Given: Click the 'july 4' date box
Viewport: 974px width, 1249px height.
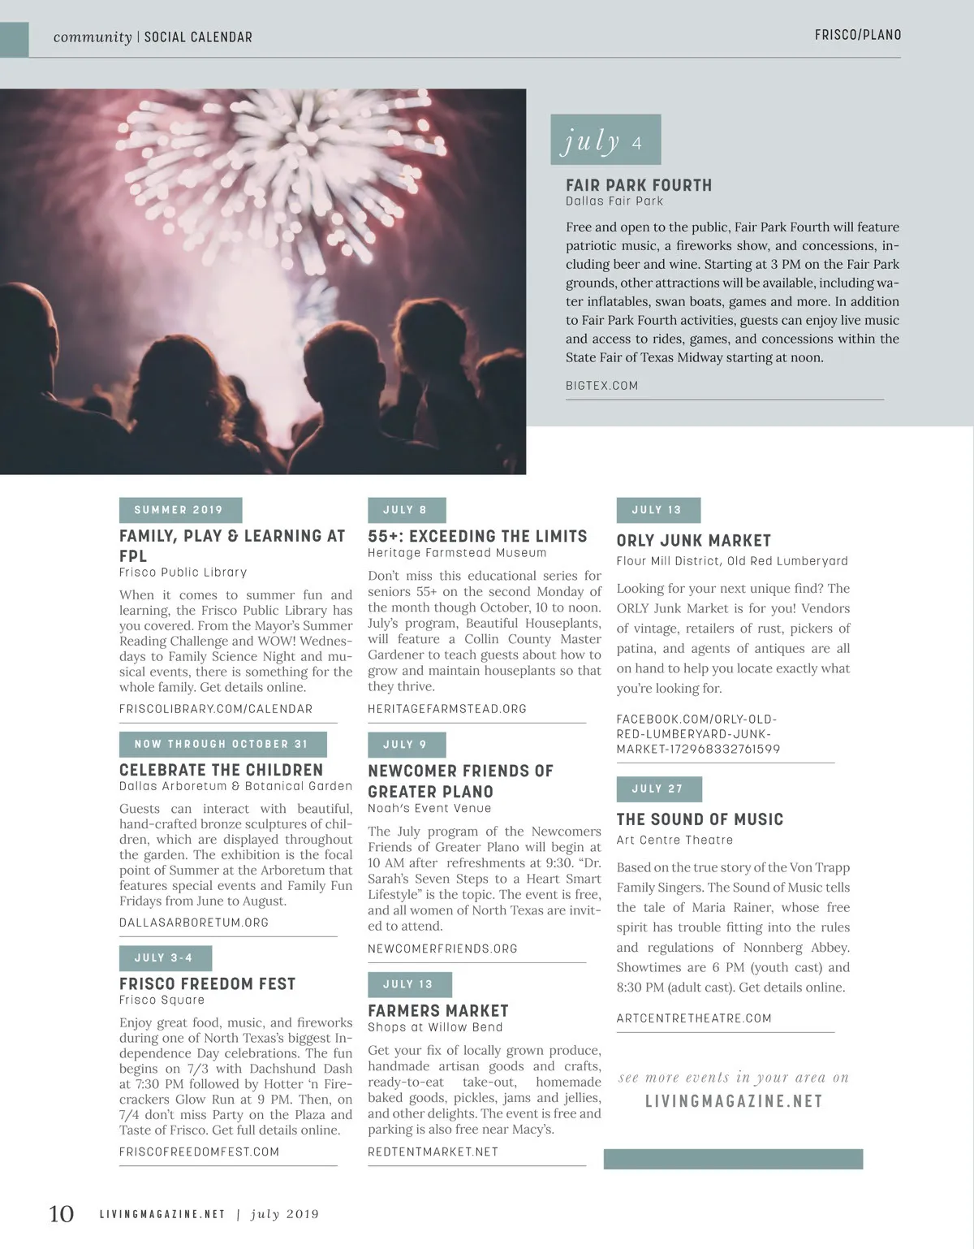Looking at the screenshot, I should coord(606,140).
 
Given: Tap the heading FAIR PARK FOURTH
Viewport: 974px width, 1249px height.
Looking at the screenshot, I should coord(639,185).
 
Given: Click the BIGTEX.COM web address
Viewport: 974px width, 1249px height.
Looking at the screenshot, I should coord(601,386).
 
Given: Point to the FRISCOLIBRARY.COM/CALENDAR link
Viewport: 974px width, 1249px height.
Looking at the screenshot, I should coord(216,709).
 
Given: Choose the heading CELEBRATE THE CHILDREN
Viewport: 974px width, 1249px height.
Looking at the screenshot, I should coord(221,770).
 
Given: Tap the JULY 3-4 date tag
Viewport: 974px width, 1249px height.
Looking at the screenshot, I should coord(165,958).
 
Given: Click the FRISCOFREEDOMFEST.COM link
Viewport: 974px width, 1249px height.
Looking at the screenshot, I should coord(199,1152).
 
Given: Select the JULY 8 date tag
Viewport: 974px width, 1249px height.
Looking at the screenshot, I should coord(406,510).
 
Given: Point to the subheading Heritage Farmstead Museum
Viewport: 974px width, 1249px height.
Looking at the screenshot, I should coord(457,553).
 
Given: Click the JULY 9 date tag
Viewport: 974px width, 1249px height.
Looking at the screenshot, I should coord(406,745).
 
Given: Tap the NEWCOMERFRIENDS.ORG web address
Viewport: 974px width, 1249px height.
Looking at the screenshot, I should coord(442,949).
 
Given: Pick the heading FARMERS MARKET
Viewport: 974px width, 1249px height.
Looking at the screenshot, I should coord(438,1011).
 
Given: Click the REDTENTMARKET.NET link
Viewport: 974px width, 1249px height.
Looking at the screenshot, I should coord(433,1152).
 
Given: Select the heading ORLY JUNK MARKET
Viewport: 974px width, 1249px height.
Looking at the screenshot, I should coord(694,541).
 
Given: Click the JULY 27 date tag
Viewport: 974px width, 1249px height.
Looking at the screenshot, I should coord(658,789).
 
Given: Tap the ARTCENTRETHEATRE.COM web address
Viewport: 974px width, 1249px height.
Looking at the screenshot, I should coord(694,1018).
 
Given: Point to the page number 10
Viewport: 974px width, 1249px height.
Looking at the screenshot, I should coord(62,1214).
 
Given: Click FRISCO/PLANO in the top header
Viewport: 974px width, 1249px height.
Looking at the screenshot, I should coord(858,35).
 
